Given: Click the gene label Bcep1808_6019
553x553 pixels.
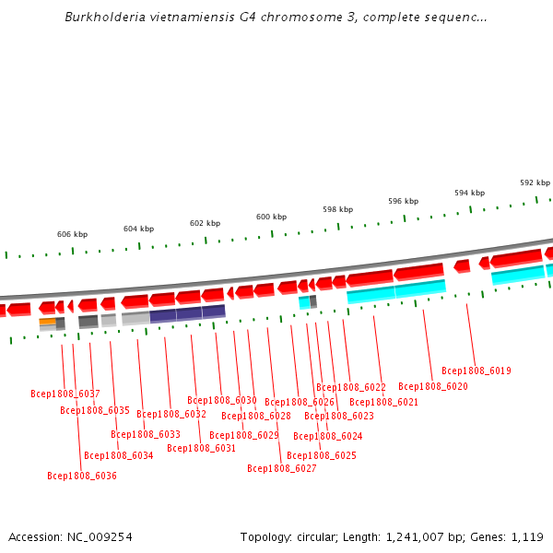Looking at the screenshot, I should (477, 371).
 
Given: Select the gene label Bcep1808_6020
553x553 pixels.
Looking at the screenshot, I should (433, 386).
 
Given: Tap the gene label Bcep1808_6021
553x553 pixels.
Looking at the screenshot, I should (383, 402).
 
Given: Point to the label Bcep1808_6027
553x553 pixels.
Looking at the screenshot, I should (282, 468).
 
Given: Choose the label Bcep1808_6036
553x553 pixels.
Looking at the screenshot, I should (82, 476).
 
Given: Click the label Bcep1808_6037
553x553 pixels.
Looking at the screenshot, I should (65, 394).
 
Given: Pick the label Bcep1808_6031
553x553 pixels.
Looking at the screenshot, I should (202, 448).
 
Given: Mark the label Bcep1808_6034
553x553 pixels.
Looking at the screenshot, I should (119, 455).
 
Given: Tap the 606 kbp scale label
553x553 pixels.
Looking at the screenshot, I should (72, 234).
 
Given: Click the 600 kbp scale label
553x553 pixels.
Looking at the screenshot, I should (271, 217).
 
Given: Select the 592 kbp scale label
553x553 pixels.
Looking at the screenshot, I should (535, 182).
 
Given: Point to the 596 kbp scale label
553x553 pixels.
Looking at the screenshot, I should (403, 201).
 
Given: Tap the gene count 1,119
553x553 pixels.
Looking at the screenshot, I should (527, 536).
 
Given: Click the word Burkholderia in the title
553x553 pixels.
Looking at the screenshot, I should (103, 17).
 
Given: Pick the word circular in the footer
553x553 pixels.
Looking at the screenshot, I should (314, 536).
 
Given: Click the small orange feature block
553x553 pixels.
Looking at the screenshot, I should (47, 321).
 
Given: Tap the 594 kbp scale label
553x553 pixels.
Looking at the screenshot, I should (469, 193).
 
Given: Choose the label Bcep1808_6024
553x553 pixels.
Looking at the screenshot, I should (328, 436).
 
